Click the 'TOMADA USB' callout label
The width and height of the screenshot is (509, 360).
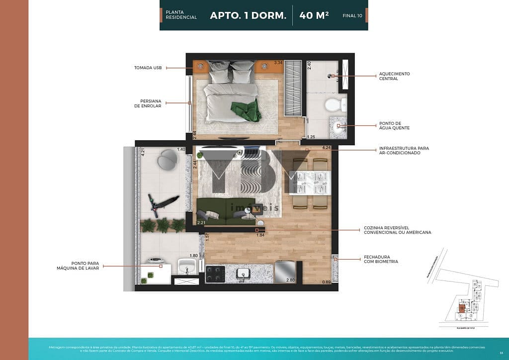(148, 68)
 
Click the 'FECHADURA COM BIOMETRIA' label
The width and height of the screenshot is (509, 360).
(381, 259)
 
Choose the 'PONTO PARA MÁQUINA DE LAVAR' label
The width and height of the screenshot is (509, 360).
(78, 266)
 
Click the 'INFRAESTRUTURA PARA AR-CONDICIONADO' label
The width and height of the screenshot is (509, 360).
(404, 150)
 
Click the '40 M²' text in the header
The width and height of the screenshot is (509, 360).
(314, 15)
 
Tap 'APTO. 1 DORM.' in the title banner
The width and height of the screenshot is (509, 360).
(248, 15)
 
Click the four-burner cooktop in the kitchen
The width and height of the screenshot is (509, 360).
(215, 273)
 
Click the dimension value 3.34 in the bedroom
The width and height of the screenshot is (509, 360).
(279, 63)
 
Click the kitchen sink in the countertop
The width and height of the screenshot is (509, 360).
(244, 272)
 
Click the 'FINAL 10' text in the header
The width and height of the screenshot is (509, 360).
(352, 16)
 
